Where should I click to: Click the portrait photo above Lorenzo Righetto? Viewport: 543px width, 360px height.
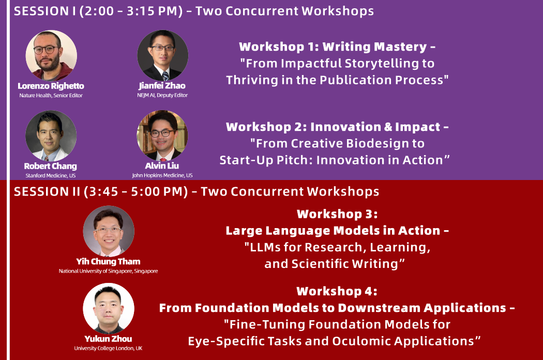pyautogui.click(x=51, y=55)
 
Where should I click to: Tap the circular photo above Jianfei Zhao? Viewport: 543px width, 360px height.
pyautogui.click(x=163, y=55)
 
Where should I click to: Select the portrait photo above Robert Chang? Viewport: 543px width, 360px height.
pyautogui.click(x=51, y=136)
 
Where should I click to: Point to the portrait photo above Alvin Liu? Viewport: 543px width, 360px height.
pyautogui.click(x=162, y=136)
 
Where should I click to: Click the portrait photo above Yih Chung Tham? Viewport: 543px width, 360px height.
pyautogui.click(x=109, y=231)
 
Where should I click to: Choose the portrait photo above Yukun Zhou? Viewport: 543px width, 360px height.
pyautogui.click(x=109, y=308)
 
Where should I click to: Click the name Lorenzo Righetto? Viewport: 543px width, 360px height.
pyautogui.click(x=51, y=86)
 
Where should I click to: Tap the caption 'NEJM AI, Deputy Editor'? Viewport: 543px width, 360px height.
pyautogui.click(x=162, y=95)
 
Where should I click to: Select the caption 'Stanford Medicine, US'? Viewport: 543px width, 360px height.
pyautogui.click(x=51, y=175)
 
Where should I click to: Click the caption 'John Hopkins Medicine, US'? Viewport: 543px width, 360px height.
pyautogui.click(x=162, y=175)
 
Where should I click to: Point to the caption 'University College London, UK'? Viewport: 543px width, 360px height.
pyautogui.click(x=108, y=348)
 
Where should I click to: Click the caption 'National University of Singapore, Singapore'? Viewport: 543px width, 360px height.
pyautogui.click(x=109, y=271)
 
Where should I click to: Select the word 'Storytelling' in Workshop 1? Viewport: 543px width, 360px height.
pyautogui.click(x=381, y=64)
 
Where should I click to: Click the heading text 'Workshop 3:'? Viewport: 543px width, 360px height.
pyautogui.click(x=337, y=214)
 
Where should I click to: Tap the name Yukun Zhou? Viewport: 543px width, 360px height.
pyautogui.click(x=109, y=339)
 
